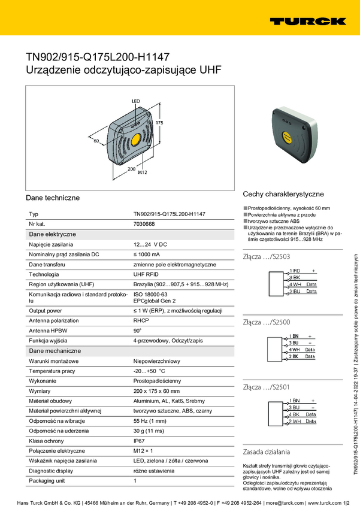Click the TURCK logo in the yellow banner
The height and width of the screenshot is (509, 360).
[x=308, y=22]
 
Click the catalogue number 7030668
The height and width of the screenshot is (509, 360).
[x=144, y=223]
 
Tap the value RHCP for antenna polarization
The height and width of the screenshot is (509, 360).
[x=141, y=320]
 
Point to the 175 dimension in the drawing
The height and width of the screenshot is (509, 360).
[x=159, y=122]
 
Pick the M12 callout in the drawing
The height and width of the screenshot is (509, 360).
[x=143, y=172]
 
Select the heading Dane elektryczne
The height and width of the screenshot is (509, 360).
[x=52, y=234]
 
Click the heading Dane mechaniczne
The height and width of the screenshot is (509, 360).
[x=55, y=350]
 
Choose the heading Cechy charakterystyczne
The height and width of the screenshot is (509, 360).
[x=283, y=194]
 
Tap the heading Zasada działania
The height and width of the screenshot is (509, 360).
[x=267, y=451]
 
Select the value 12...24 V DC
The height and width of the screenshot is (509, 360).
[x=150, y=244]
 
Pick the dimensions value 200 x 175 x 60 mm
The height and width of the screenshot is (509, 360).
[x=156, y=390]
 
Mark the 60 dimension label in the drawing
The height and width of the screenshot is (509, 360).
[x=96, y=141]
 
